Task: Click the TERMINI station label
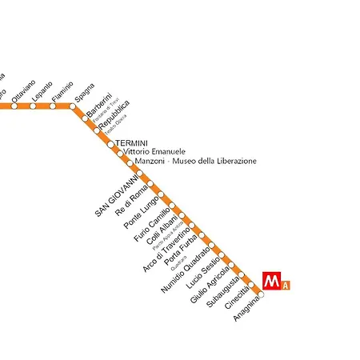[131, 142]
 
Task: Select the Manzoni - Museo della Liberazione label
[196, 161]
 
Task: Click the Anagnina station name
[246, 309]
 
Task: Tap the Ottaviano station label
[23, 90]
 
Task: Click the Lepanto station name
[42, 91]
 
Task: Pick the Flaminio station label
[62, 91]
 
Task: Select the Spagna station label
[83, 93]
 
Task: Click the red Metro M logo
[273, 282]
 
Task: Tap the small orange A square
[286, 286]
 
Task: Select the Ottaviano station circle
[14, 106]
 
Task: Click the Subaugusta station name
[222, 292]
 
